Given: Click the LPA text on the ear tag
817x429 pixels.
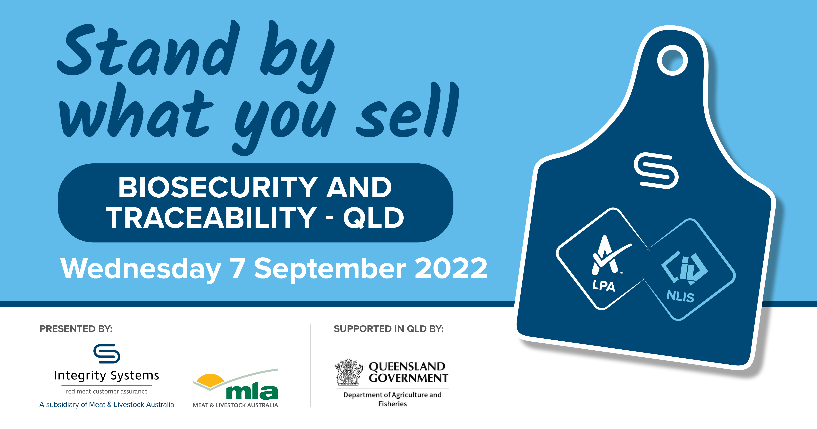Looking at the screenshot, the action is pos(604,285).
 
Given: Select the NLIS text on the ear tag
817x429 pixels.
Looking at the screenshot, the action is pos(680,296).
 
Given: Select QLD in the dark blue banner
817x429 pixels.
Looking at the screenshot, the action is pos(373,218).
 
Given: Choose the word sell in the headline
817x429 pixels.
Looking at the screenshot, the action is pos(408,109).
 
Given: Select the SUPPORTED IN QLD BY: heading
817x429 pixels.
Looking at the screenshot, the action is pos(389,329).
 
